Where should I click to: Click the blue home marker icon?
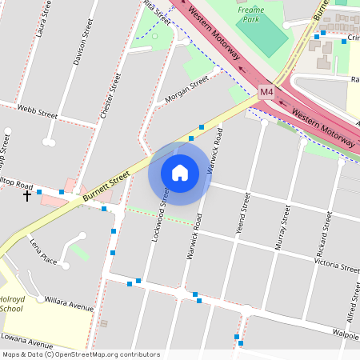coord(180,172)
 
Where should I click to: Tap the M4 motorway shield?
coord(266,93)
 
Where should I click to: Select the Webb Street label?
coord(38,112)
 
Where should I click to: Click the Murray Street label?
coord(282,227)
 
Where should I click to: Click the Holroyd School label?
coord(11,303)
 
